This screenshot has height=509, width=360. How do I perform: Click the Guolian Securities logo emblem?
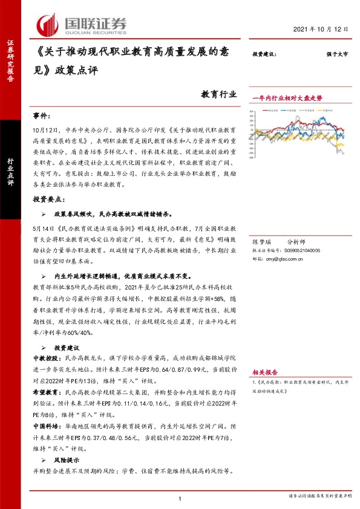coord(47,24)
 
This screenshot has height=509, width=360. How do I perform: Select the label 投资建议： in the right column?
coord(264,55)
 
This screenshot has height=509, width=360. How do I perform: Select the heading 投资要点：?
coord(48,198)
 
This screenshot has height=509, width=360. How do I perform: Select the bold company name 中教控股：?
coord(45,358)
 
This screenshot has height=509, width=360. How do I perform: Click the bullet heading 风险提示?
coord(67,461)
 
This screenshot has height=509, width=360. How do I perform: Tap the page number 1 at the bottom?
coord(180,498)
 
